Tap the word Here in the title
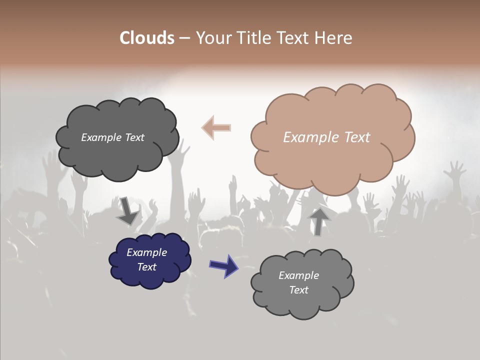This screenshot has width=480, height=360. tap(333, 38)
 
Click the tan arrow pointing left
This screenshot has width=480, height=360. tap(216, 128)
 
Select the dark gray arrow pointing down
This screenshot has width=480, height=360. tap(127, 212)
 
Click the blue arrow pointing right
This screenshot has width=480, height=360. tap(224, 265)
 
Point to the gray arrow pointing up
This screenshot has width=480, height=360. tap(319, 221)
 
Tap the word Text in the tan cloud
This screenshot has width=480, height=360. tap(357, 137)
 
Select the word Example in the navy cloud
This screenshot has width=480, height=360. tap(146, 252)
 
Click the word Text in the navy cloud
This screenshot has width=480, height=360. tap(146, 267)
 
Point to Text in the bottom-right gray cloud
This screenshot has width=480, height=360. tap(298, 290)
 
